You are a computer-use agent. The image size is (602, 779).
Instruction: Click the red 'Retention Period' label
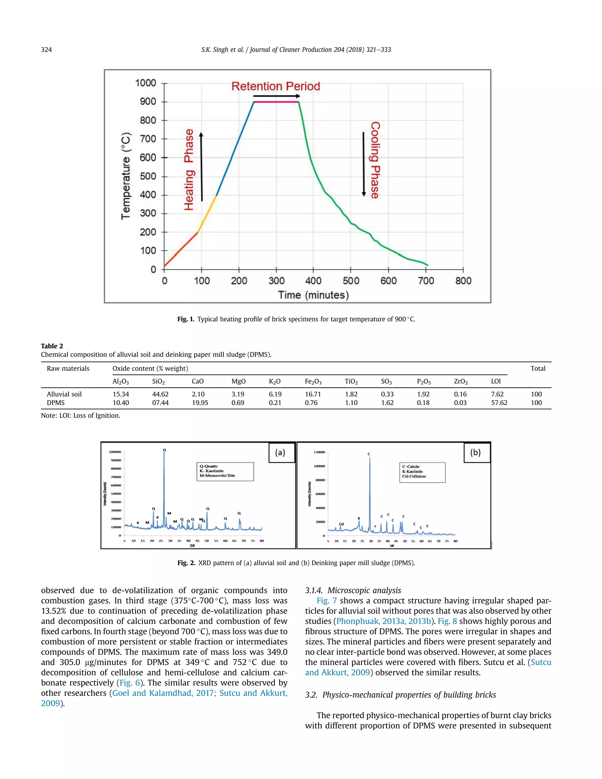click(x=276, y=86)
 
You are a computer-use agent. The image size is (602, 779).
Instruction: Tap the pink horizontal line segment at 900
click(x=276, y=102)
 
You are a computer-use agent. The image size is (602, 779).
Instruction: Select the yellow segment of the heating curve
click(x=207, y=214)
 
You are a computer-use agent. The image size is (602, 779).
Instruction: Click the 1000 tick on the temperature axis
click(x=146, y=83)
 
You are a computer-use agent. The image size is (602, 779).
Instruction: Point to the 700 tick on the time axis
click(x=426, y=281)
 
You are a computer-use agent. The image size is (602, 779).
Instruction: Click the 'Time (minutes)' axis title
click(x=313, y=295)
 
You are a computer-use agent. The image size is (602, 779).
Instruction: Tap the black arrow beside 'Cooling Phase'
click(x=364, y=164)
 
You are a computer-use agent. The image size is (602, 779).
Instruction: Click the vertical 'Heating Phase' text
click(x=189, y=170)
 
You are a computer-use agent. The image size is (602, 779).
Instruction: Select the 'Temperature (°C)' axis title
click(x=126, y=176)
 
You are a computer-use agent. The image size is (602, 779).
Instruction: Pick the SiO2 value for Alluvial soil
click(x=160, y=394)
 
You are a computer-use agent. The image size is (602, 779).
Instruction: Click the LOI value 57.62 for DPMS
click(x=499, y=403)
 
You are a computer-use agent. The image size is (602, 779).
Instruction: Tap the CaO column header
click(x=198, y=381)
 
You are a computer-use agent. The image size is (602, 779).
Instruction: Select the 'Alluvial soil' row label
click(x=64, y=394)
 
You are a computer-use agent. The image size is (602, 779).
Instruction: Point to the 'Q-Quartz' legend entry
click(x=209, y=466)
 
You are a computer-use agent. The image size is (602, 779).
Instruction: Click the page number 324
click(x=46, y=50)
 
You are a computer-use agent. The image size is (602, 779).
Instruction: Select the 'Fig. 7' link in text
click(x=326, y=601)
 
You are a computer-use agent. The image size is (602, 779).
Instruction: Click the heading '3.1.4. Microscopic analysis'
click(x=353, y=590)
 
